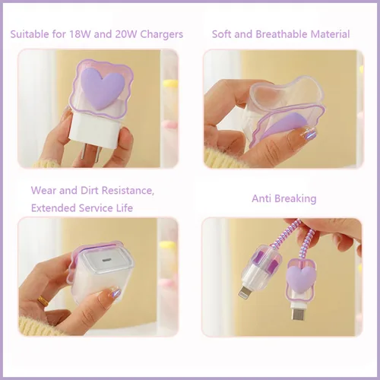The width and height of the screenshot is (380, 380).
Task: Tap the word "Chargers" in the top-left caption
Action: click(x=162, y=35)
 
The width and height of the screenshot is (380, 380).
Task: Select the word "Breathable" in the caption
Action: click(x=281, y=34)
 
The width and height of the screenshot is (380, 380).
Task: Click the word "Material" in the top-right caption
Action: click(x=330, y=34)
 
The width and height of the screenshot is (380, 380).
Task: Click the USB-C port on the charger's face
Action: click(x=104, y=260)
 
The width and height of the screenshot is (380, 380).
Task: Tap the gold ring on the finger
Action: click(x=43, y=301)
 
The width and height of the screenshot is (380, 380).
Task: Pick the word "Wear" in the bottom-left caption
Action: click(x=43, y=190)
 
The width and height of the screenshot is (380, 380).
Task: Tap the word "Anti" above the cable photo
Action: click(x=261, y=198)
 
